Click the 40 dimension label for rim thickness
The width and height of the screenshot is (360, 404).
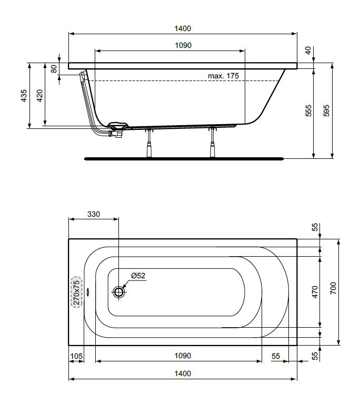[x=308, y=50]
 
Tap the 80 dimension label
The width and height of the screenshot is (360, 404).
[x=54, y=69]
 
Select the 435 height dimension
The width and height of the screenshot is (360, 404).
[x=24, y=96]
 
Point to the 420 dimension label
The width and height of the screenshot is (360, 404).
[x=39, y=96]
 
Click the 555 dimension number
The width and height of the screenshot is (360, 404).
[x=308, y=111]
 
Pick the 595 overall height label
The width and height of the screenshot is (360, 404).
[x=326, y=111]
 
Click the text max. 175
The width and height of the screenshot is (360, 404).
[x=223, y=76]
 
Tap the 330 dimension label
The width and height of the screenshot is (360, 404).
[x=94, y=214]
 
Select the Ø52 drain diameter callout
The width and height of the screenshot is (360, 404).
[x=138, y=276]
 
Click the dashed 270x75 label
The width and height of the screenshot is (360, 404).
[x=77, y=292]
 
